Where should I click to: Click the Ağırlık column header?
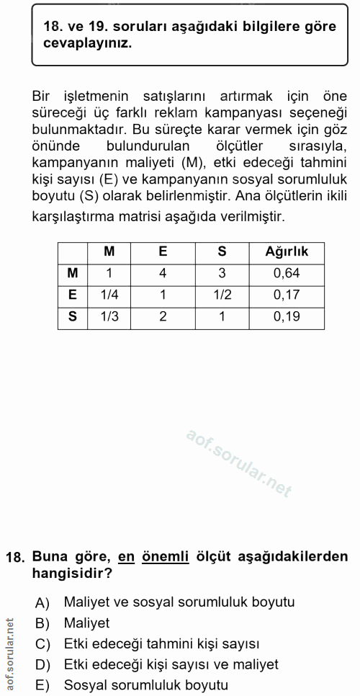click(x=287, y=251)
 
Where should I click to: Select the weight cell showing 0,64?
click(x=287, y=273)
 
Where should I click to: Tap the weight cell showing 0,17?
click(x=287, y=295)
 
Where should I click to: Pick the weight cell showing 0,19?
click(x=287, y=316)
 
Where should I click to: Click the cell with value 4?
click(x=163, y=273)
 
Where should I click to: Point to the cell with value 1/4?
click(x=109, y=295)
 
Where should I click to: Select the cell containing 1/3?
click(x=109, y=316)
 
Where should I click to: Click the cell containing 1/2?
click(x=222, y=295)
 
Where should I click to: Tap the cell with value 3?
click(x=222, y=273)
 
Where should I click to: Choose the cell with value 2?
click(x=163, y=316)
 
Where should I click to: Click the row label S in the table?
click(x=72, y=316)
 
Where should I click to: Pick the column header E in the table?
click(x=163, y=251)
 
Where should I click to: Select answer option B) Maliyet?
click(x=86, y=623)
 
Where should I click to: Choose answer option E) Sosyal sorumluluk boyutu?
click(x=145, y=685)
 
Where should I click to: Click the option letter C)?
click(x=42, y=643)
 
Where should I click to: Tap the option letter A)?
click(x=42, y=602)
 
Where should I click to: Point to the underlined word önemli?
click(x=163, y=556)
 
